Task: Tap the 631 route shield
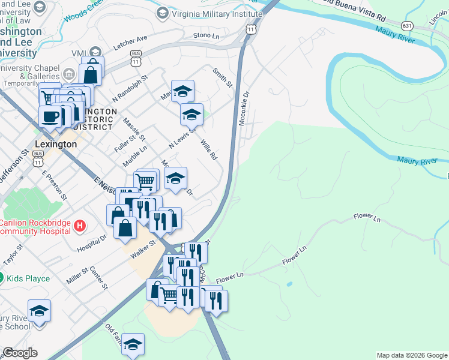pyautogui.click(x=408, y=26)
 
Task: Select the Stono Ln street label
pyautogui.click(x=206, y=36)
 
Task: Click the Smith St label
pyautogui.click(x=222, y=77)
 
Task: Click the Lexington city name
pyautogui.click(x=56, y=145)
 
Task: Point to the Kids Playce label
pyautogui.click(x=28, y=278)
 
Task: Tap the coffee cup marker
pyautogui.click(x=50, y=116)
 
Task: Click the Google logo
pyautogui.click(x=20, y=353)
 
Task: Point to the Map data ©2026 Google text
pyautogui.click(x=412, y=355)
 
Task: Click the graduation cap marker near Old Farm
pyautogui.click(x=133, y=344)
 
